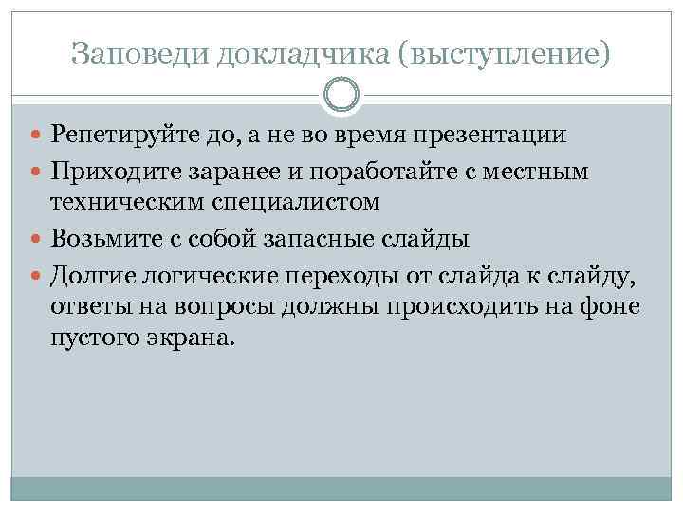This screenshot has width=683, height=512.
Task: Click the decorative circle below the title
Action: (341, 96)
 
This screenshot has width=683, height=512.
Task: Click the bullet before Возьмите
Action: (38, 238)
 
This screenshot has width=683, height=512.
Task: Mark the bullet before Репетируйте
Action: (38, 135)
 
